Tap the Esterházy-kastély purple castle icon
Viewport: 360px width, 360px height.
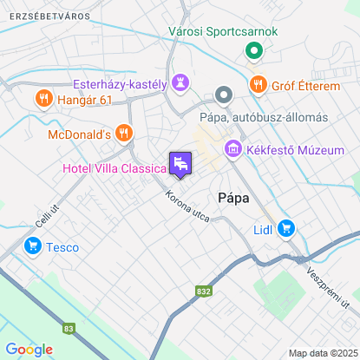click(180, 83)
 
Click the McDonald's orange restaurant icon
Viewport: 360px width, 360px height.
click(125, 134)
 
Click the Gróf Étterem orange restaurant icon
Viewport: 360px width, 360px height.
click(258, 84)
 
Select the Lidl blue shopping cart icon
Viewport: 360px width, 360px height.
click(286, 229)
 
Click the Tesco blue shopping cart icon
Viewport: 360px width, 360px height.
click(33, 247)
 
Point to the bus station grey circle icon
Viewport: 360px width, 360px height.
click(224, 95)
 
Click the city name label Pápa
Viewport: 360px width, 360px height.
click(233, 198)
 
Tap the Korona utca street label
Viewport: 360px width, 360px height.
click(188, 205)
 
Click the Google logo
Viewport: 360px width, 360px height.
click(29, 349)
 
